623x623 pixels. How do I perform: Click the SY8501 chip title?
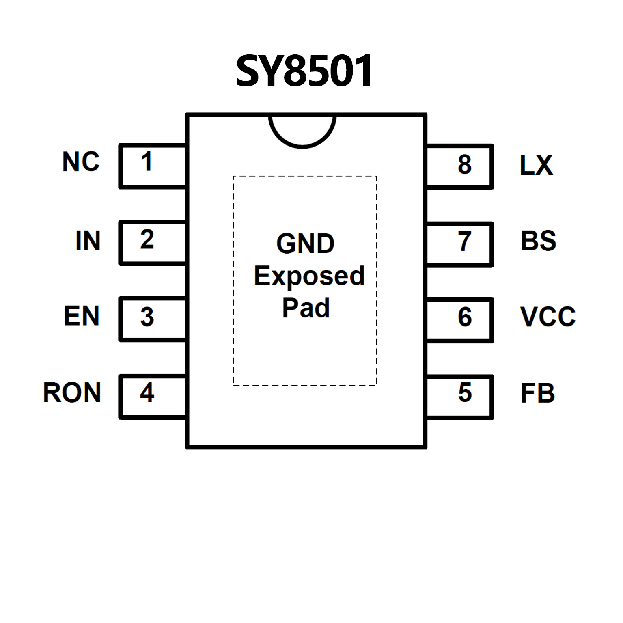(304, 71)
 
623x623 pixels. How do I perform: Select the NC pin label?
(81, 162)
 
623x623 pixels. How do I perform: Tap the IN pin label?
(88, 241)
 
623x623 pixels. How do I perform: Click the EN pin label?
(82, 316)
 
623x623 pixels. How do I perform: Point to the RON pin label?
(72, 392)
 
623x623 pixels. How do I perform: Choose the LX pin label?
(536, 165)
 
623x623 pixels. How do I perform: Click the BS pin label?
(538, 241)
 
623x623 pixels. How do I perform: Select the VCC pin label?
(548, 317)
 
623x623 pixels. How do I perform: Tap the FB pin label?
(537, 393)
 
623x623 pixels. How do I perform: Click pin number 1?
(147, 162)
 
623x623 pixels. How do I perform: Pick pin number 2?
(147, 239)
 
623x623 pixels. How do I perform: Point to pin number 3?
(147, 317)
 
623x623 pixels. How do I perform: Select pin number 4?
(147, 393)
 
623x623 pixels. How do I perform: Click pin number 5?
(465, 392)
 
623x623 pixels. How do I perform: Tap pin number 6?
(465, 317)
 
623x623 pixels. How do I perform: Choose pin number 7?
(465, 241)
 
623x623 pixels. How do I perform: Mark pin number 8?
(465, 164)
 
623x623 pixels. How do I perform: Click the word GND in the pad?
(305, 244)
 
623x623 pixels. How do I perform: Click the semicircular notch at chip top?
(302, 130)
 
